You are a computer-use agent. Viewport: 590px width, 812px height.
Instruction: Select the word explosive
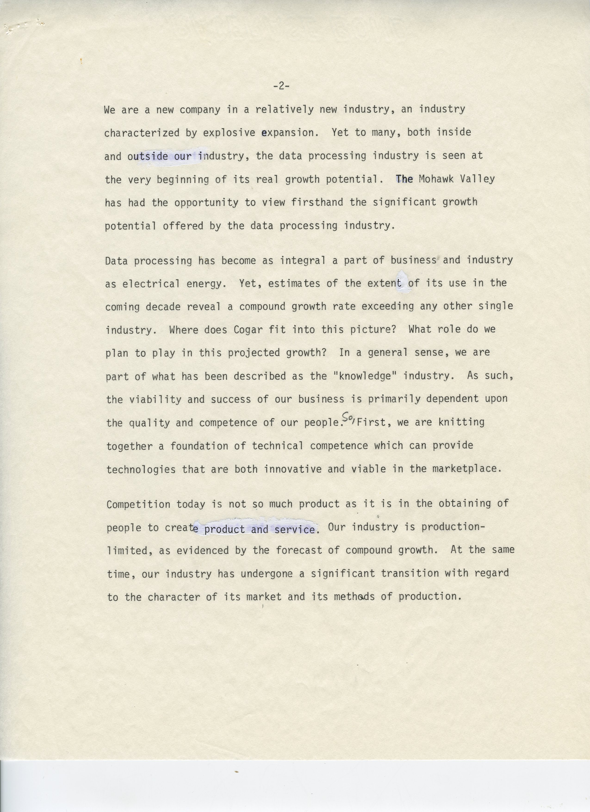(x=229, y=133)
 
